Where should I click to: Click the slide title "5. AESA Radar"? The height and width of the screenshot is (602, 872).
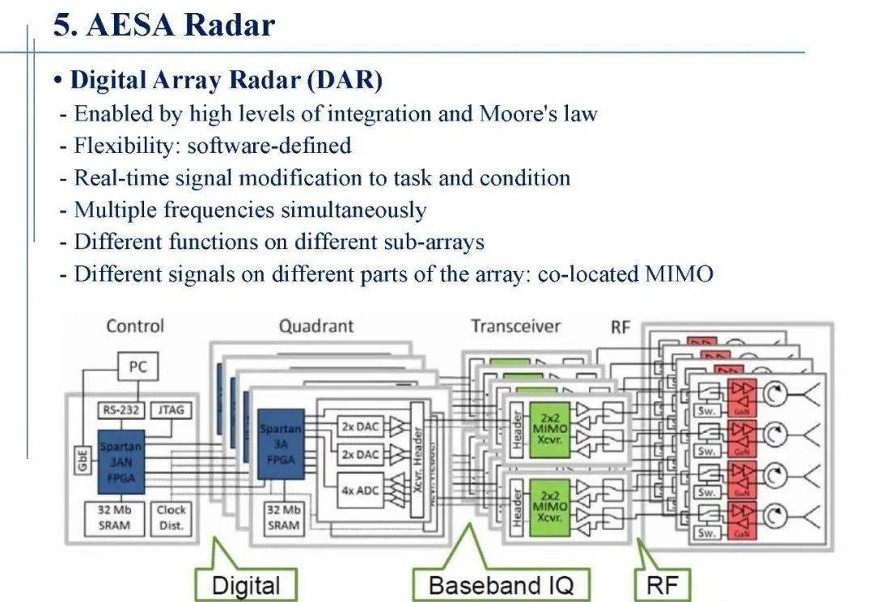[x=164, y=24]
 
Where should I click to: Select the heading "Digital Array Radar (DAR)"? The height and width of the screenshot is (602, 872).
[x=226, y=79]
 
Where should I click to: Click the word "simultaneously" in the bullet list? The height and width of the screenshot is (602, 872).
[x=353, y=210]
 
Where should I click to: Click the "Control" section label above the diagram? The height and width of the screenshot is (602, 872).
[x=135, y=326]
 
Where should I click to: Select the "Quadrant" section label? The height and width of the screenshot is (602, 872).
[x=316, y=326]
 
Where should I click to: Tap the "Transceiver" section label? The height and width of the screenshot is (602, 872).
[x=515, y=326]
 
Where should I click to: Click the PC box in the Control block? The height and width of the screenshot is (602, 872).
[x=138, y=367]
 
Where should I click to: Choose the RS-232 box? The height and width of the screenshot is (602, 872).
[x=120, y=409]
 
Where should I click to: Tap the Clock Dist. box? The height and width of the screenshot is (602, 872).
[x=171, y=518]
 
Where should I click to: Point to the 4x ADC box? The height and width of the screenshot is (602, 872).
[x=359, y=490]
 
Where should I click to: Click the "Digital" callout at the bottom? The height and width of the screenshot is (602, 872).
[x=246, y=585]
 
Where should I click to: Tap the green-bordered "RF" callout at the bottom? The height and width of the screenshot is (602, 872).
[x=662, y=585]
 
